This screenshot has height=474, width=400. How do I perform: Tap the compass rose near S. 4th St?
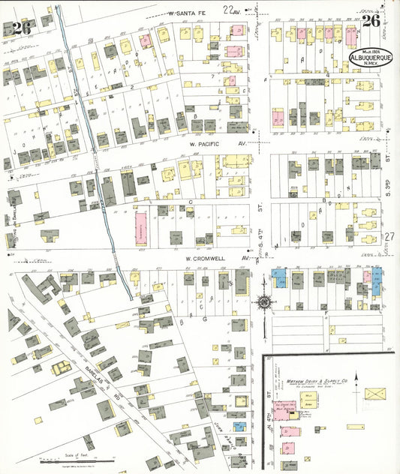pos(264,303)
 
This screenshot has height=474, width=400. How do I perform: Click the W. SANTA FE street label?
pos(186,13)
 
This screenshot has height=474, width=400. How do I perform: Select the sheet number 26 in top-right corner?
pos(371,21)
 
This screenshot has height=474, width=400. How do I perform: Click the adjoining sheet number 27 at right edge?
pos(389,237)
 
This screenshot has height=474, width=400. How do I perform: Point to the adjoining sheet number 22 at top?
pos(228,9)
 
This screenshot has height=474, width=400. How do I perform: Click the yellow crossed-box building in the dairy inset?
pos(374,394)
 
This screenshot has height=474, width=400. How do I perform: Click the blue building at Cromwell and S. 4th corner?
pos(279,279)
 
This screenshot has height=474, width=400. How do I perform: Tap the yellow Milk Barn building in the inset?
pos(308,396)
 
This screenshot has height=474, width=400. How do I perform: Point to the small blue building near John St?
pos(238,426)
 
